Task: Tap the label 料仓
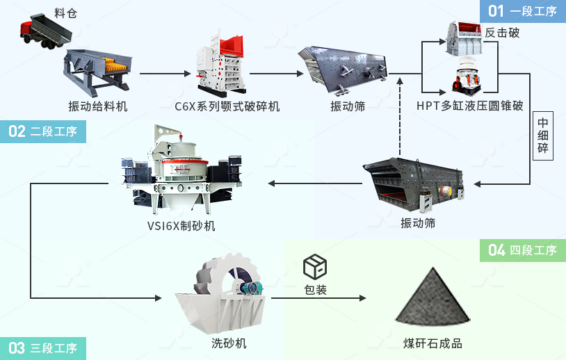point(65,13)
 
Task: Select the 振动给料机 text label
point(98,106)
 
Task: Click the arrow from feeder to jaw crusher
point(165,74)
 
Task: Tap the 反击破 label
point(502,33)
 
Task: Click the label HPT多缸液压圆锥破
point(470,106)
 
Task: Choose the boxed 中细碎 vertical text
point(543,136)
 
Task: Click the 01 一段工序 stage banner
point(522,11)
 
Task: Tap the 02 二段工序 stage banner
point(43,131)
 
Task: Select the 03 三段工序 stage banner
point(43,347)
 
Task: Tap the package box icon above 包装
point(315,267)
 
